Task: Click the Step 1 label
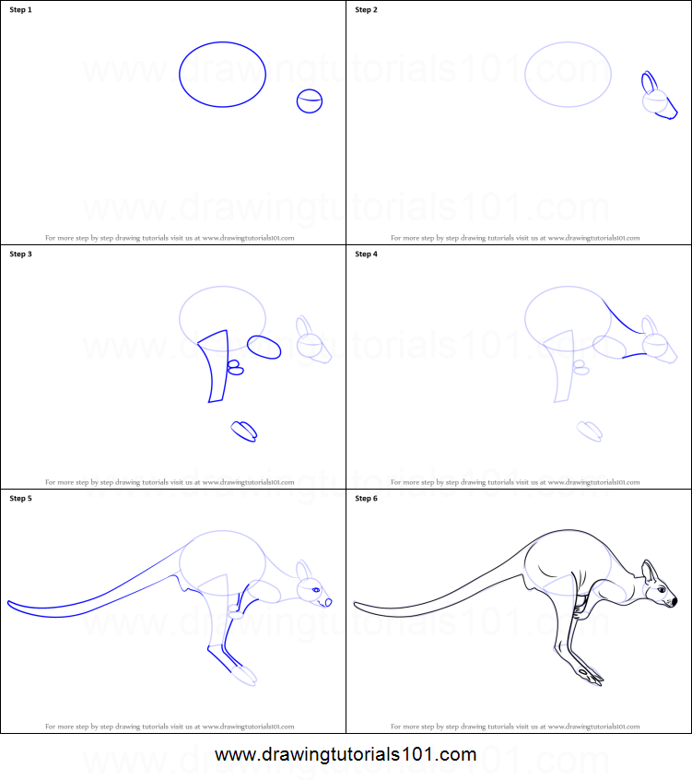click(20, 10)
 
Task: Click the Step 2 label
click(366, 10)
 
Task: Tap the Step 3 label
click(20, 254)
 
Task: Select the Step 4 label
click(366, 254)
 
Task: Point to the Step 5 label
click(20, 499)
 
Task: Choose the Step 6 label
click(366, 499)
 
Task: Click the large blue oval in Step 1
click(222, 75)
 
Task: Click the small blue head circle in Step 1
click(311, 101)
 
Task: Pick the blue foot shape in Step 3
click(244, 431)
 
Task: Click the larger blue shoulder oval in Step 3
click(264, 347)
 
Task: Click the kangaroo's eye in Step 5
click(316, 590)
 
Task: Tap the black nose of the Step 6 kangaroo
click(674, 602)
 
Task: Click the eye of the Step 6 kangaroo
click(661, 589)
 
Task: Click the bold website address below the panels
click(346, 755)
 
